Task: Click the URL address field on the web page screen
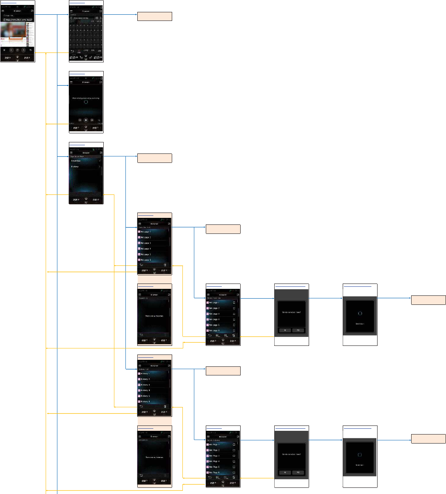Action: click(x=18, y=19)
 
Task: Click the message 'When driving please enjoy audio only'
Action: click(x=86, y=98)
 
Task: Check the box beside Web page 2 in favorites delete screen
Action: click(x=234, y=308)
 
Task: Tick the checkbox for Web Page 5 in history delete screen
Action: click(x=234, y=467)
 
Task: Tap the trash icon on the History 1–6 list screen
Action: click(x=165, y=407)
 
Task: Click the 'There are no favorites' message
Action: click(x=154, y=316)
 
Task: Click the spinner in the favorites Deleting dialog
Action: click(x=360, y=313)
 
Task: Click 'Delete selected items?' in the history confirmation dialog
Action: click(x=291, y=454)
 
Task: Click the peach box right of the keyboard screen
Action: click(x=154, y=16)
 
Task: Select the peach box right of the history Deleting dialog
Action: click(x=428, y=439)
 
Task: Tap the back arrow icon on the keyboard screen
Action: click(x=73, y=51)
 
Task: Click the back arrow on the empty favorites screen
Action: click(x=141, y=335)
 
